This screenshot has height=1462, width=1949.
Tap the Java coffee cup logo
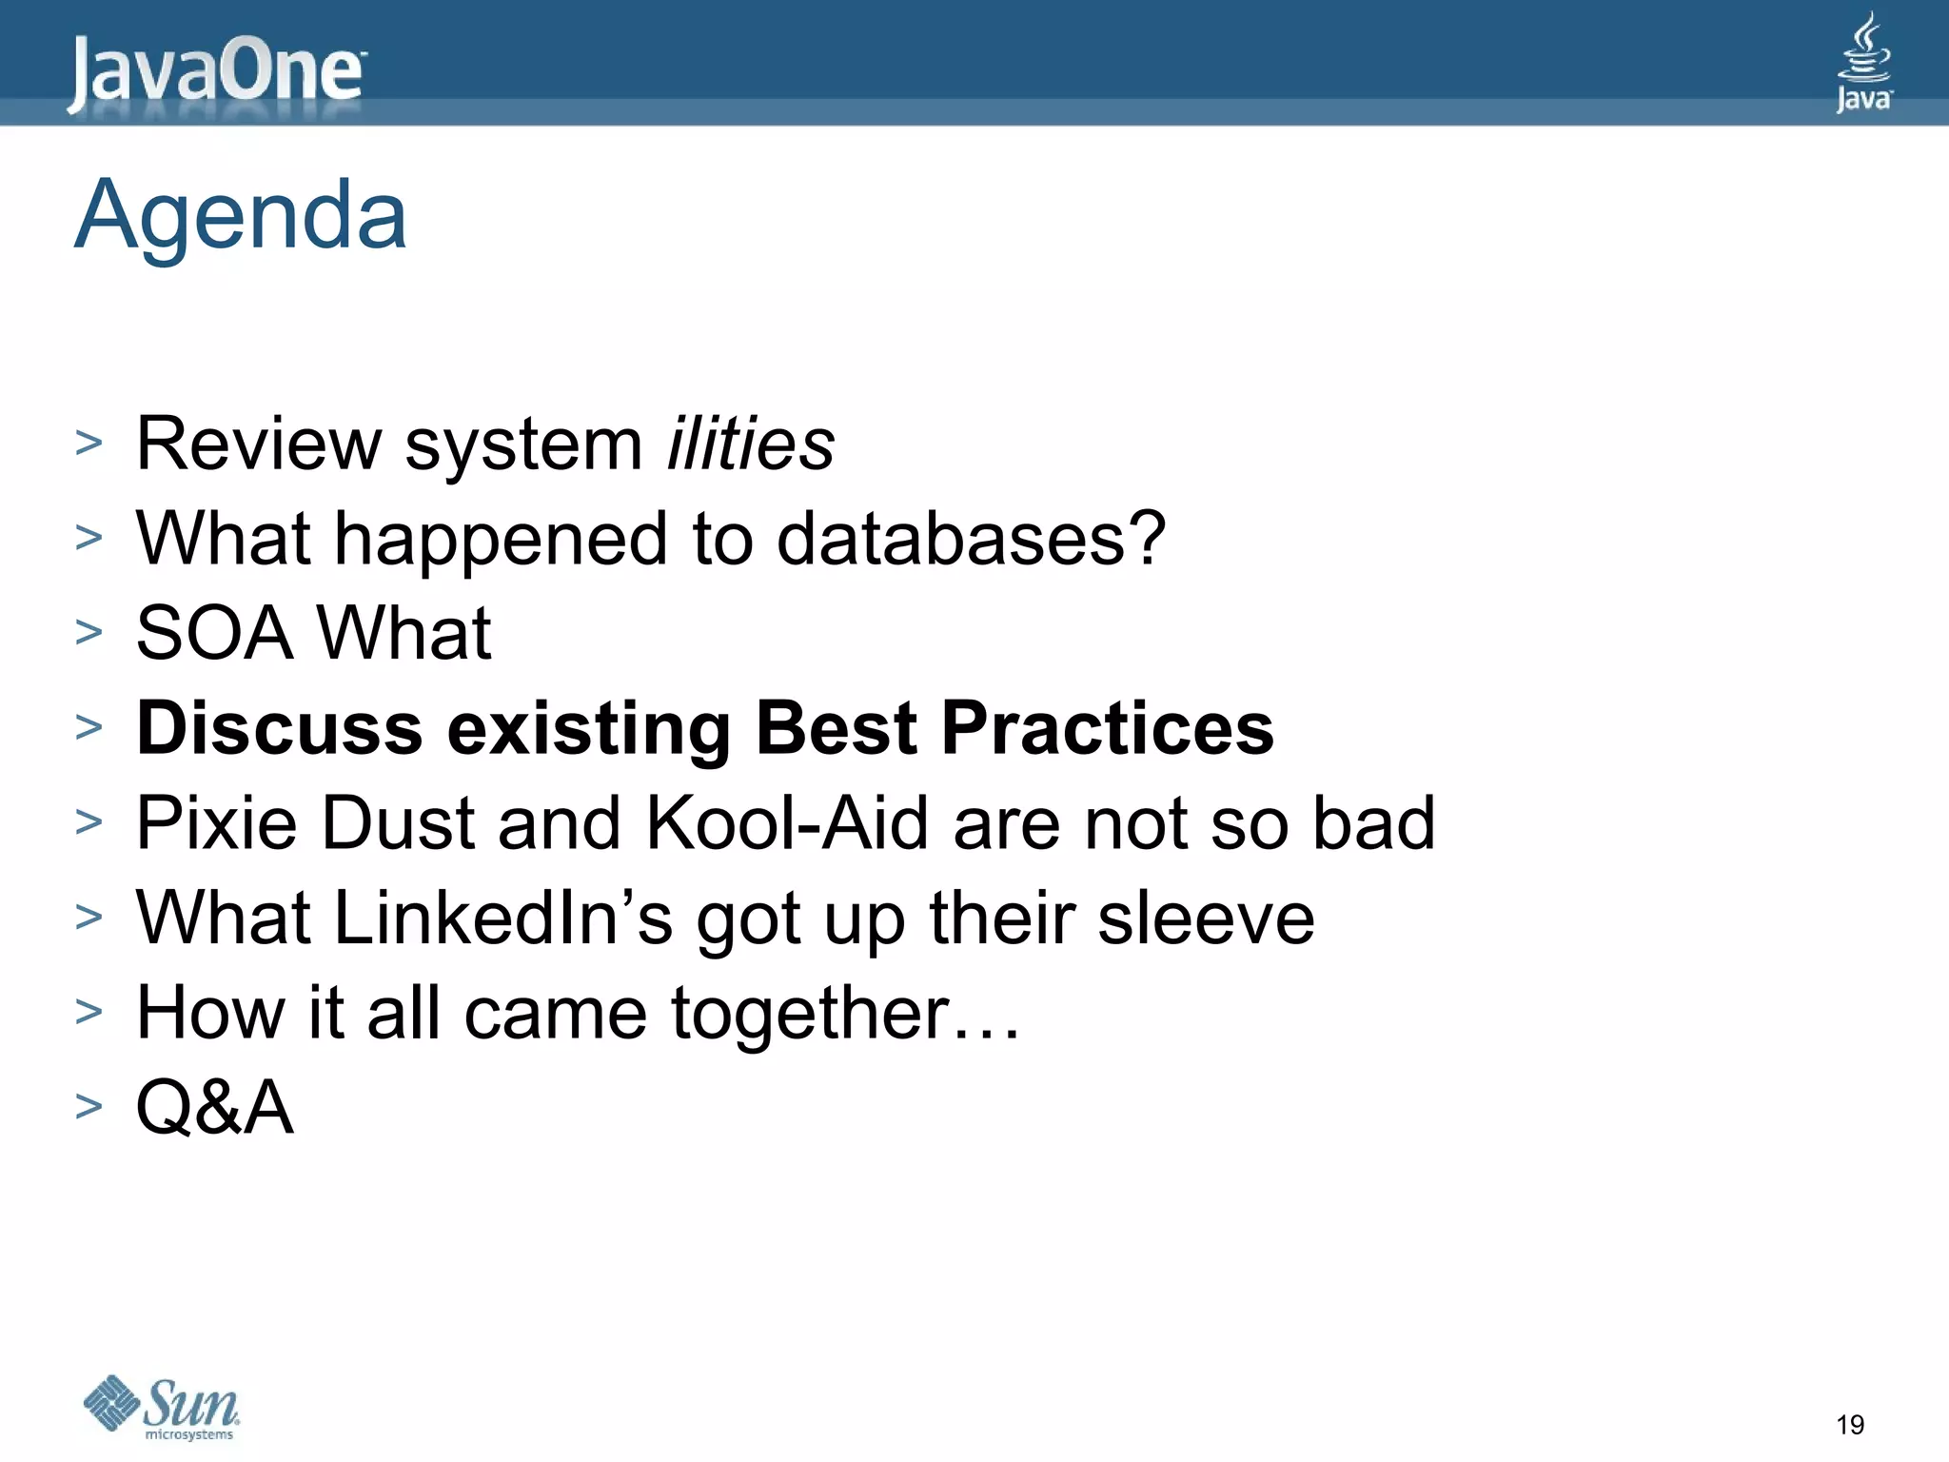tap(1863, 63)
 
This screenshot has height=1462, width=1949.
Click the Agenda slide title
tap(241, 216)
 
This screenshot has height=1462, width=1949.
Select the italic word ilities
tap(751, 445)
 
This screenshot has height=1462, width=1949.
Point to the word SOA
tap(215, 634)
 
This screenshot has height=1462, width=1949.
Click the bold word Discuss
tap(280, 729)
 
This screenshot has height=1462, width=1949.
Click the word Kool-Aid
tap(787, 823)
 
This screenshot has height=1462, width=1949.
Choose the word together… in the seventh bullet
tap(846, 1014)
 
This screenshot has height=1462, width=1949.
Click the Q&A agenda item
tap(215, 1108)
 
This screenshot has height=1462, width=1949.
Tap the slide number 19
tap(1850, 1425)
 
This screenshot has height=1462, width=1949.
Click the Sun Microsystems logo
tap(162, 1408)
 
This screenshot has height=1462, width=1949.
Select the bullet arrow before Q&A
tap(89, 1107)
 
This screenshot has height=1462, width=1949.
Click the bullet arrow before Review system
tap(89, 444)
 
